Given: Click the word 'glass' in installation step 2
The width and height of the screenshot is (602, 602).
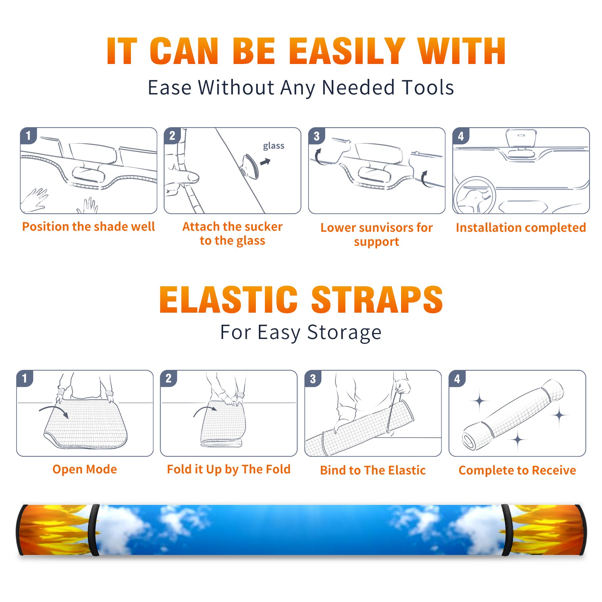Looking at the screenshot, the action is point(274,146).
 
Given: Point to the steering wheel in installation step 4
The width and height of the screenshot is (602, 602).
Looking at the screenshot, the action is point(474,196).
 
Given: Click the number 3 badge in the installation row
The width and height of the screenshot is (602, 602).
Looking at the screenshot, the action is point(316,136).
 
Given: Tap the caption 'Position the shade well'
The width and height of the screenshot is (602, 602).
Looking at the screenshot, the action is point(88,227).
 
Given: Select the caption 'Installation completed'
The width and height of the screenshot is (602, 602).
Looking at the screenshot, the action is point(521,228).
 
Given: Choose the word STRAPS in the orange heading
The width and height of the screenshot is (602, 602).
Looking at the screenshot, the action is point(377,299).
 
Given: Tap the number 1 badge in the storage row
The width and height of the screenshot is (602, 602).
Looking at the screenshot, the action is point(25,378).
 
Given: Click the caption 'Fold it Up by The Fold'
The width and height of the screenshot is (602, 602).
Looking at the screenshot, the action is point(229,469).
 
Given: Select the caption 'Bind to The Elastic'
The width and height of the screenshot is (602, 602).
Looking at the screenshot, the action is point(373,470).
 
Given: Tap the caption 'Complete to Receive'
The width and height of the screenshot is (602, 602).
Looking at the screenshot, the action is point(517,470).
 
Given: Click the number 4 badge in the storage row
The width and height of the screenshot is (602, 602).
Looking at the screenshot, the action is point(457,378).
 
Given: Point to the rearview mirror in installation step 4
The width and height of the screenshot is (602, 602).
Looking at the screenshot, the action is point(521,138).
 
